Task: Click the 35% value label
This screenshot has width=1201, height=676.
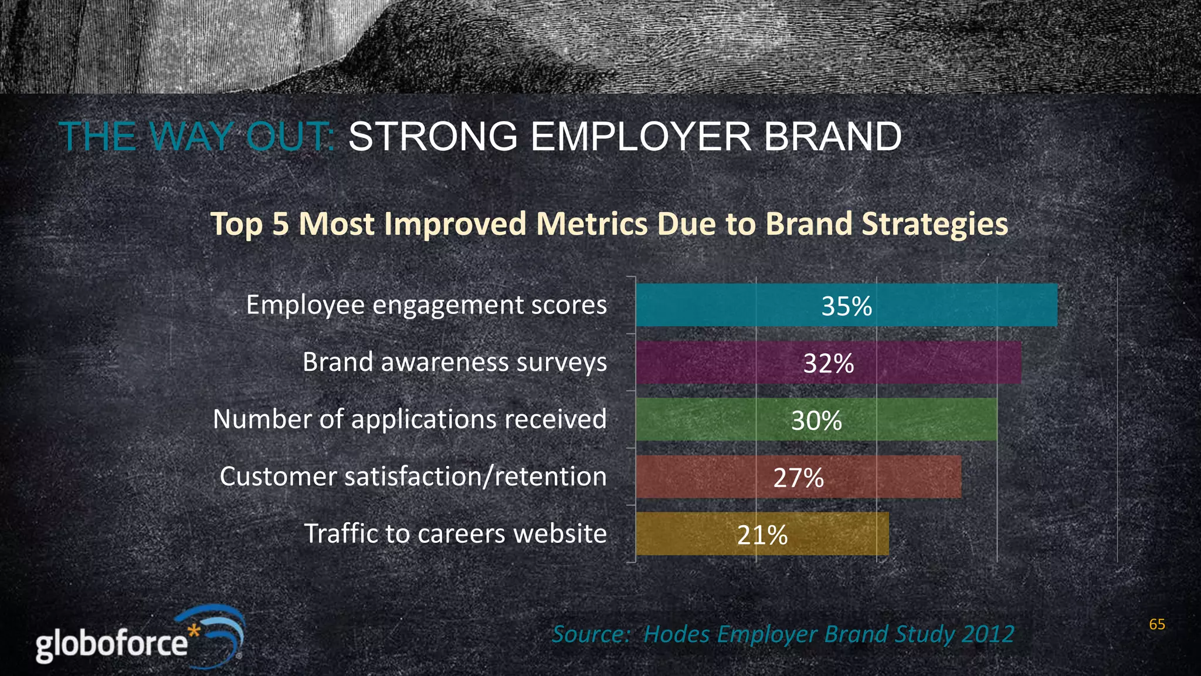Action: point(846,306)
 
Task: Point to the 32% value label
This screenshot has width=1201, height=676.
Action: point(828,363)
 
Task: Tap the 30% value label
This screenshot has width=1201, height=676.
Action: point(816,420)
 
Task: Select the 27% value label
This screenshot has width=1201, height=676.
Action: point(798,478)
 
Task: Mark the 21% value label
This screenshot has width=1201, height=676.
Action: point(762,535)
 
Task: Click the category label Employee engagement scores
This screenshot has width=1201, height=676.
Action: point(426,305)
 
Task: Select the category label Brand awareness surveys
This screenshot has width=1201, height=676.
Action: point(454,362)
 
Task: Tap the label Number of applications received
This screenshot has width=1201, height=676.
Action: point(409,420)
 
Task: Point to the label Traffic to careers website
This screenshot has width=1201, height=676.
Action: point(455,534)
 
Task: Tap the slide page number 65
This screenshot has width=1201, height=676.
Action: point(1156,624)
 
